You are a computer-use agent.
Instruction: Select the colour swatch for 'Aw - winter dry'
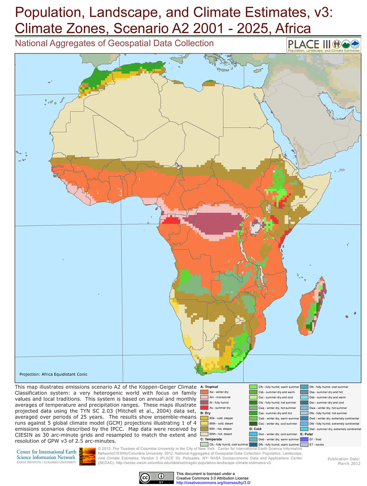[204, 393]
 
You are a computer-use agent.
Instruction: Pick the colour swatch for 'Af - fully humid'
[204, 402]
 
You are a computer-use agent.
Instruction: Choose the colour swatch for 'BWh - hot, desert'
[204, 434]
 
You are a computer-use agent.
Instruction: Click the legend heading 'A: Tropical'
[209, 387]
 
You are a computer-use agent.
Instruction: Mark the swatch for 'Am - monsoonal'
[204, 397]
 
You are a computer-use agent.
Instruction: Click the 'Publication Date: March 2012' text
[344, 461]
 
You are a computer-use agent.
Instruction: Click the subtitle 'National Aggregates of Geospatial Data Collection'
[114, 44]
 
